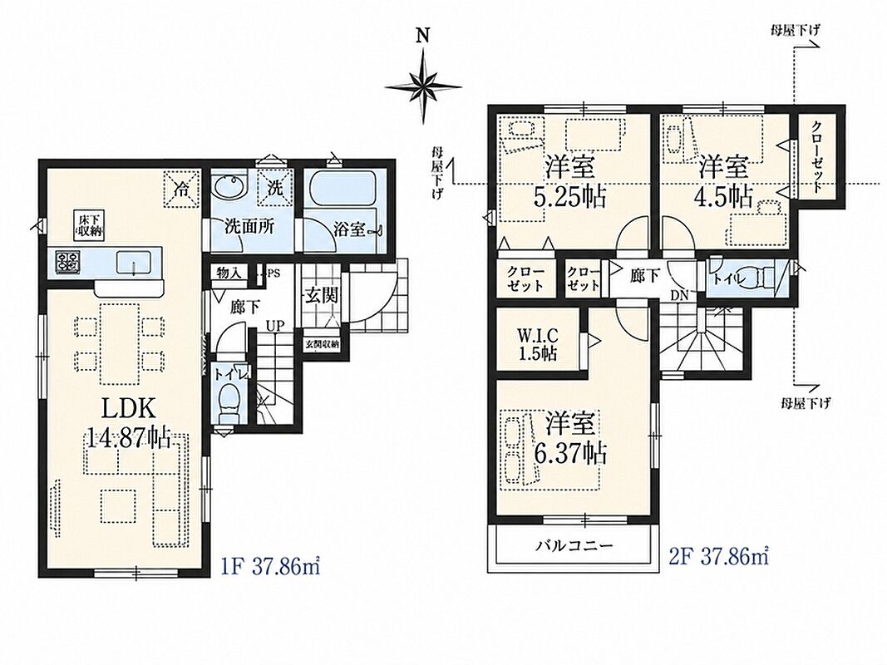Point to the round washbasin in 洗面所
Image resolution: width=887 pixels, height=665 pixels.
click(229, 186)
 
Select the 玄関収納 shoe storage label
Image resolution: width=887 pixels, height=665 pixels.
click(323, 344)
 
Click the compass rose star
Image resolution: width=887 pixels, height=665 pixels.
click(423, 86)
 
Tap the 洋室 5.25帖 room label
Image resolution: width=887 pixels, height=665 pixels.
click(569, 181)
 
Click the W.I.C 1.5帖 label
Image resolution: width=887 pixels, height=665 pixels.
click(537, 344)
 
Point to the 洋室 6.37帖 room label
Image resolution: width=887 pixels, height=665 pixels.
click(570, 439)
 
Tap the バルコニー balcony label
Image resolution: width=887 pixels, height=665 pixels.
click(574, 546)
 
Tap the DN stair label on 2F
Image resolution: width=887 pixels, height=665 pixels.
click(679, 295)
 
